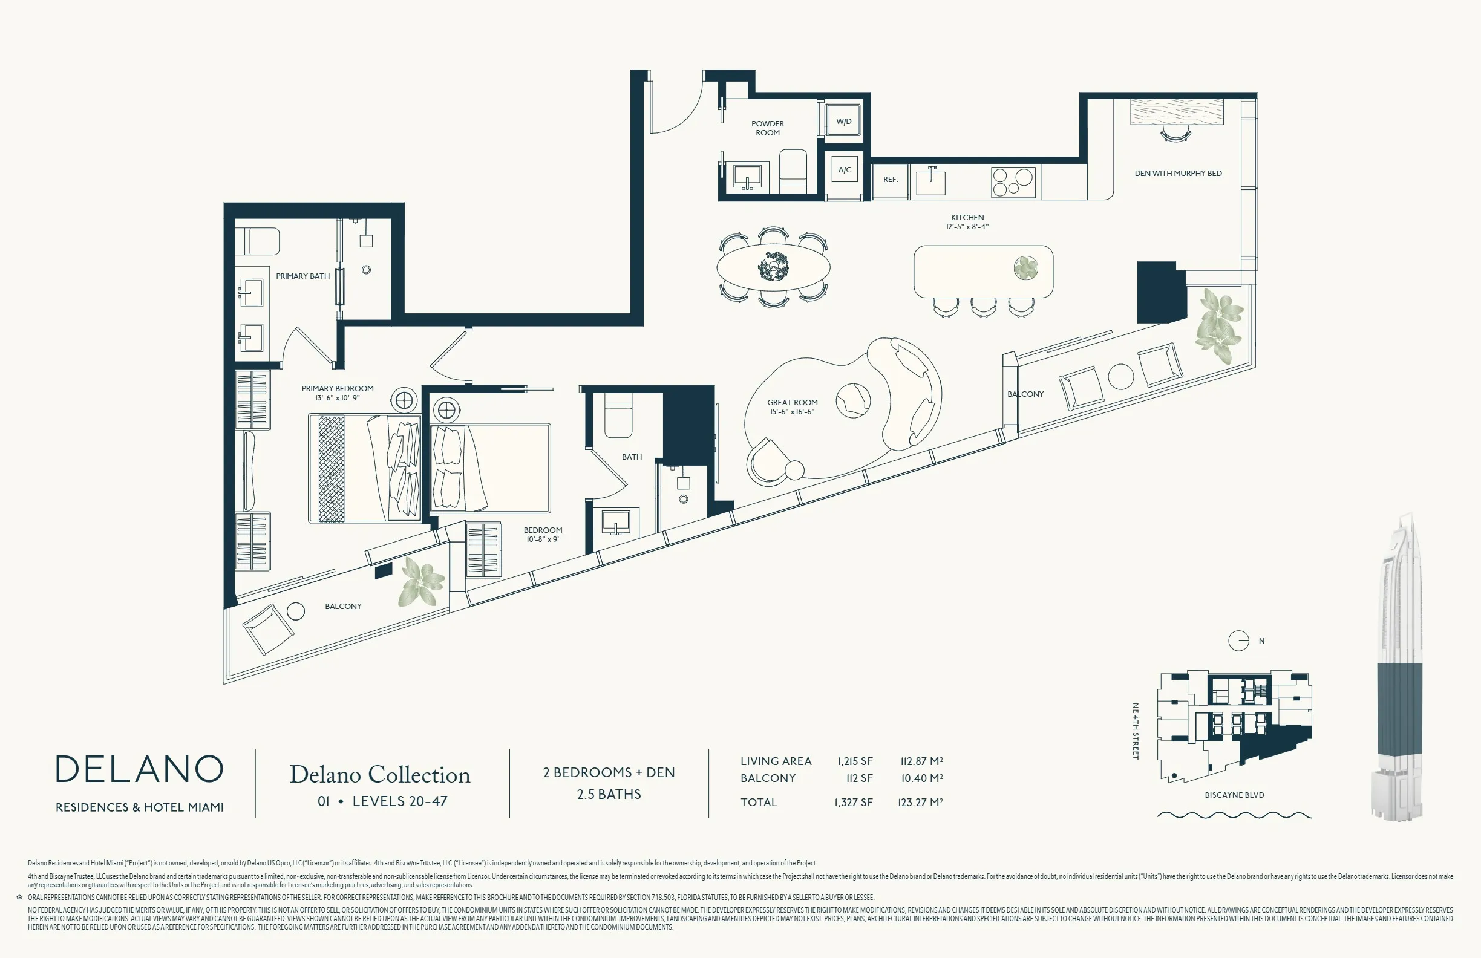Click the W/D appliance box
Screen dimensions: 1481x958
(843, 122)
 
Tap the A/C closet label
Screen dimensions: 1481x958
(845, 170)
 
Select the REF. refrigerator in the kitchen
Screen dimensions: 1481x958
(890, 180)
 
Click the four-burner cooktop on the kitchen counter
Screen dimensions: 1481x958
(1013, 181)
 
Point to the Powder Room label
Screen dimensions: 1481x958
(767, 128)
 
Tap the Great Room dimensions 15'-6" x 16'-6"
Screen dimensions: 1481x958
(791, 412)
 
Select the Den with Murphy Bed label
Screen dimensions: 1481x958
(1178, 174)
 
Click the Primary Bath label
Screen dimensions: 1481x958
(303, 276)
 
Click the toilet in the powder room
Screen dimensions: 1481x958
(793, 171)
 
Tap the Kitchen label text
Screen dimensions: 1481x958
(967, 218)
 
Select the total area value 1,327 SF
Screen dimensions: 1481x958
(853, 803)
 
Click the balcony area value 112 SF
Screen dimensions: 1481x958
(859, 778)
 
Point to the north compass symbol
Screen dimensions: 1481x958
(1238, 640)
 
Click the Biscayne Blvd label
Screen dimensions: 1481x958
(1234, 795)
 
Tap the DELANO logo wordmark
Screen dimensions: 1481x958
(139, 769)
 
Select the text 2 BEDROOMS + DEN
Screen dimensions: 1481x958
(609, 772)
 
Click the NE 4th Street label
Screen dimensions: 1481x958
(1135, 731)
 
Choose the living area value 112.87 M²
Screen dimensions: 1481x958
(921, 761)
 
